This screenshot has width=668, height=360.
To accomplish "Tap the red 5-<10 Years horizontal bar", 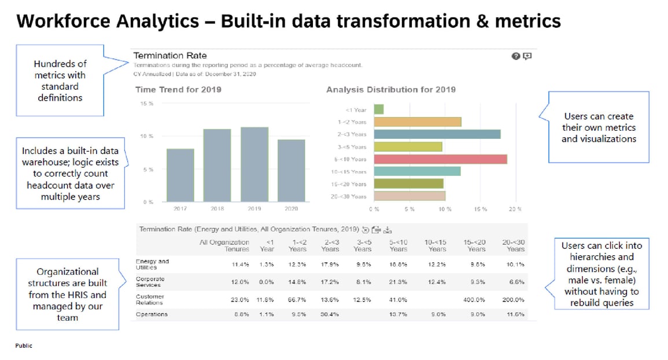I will tap(440, 159).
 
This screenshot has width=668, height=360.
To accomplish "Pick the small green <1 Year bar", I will tap(379, 109).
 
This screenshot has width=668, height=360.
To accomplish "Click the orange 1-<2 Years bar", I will tap(418, 122).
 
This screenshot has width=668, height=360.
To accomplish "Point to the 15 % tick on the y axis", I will tap(147, 104).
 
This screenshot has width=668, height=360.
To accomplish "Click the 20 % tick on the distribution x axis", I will tap(515, 209).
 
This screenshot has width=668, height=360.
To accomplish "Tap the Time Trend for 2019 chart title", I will tap(178, 90).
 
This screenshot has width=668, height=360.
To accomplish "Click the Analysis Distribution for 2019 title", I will tap(390, 90).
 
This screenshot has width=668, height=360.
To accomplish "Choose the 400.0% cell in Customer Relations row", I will tap(474, 299).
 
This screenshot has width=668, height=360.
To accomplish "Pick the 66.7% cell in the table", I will tap(297, 299).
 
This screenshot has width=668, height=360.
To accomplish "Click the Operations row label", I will tap(152, 314).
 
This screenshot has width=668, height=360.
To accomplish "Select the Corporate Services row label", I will tap(150, 281).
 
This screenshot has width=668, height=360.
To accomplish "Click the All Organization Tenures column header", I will tap(224, 245).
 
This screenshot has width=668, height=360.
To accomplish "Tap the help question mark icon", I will tap(515, 56).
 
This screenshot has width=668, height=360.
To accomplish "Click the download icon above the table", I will tap(387, 229).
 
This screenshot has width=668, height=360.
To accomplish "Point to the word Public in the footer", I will tap(24, 346).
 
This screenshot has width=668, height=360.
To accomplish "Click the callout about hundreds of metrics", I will tap(60, 80).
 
